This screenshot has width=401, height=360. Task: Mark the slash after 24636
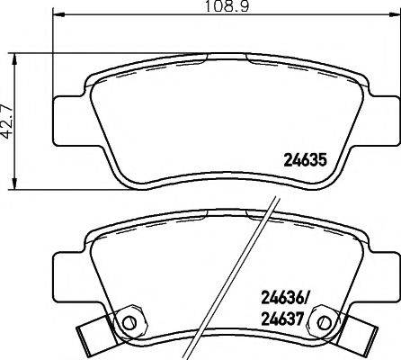tap(310, 298)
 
